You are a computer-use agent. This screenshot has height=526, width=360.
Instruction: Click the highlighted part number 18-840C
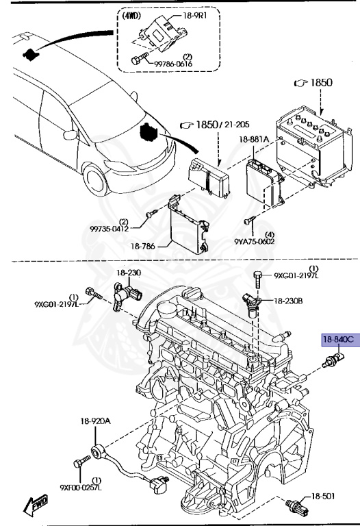[338, 339]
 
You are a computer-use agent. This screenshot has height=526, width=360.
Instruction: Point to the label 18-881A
[253, 140]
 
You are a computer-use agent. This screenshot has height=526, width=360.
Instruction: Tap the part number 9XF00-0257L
[81, 488]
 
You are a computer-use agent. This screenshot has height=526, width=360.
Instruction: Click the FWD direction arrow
[34, 506]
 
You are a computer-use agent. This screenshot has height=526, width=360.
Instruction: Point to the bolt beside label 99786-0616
[139, 61]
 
